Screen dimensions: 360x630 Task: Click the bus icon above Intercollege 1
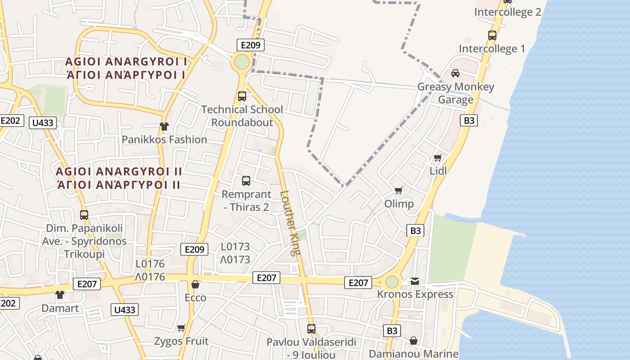(x=492, y=35)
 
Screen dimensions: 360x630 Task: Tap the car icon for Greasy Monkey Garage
(x=455, y=73)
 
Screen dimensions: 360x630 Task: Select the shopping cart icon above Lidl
(x=437, y=157)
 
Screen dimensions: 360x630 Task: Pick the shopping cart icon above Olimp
(x=398, y=190)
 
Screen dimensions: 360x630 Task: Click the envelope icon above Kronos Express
(x=414, y=281)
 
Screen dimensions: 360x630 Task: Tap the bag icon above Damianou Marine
(x=413, y=341)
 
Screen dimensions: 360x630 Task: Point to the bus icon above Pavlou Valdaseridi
(x=311, y=328)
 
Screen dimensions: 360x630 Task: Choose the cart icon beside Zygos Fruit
(x=181, y=328)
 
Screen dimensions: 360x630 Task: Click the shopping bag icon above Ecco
(x=195, y=284)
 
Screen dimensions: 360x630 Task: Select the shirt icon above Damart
(x=59, y=295)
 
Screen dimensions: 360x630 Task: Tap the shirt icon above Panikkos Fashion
(x=164, y=126)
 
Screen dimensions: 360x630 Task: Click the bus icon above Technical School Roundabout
(x=242, y=96)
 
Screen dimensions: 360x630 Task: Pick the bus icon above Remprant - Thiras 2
(x=246, y=181)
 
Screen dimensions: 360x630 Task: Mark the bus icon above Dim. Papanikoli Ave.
(x=84, y=215)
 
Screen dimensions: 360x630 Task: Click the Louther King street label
(x=290, y=223)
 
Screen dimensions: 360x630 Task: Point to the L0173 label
(x=235, y=247)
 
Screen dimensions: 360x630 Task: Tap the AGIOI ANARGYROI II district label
(x=119, y=171)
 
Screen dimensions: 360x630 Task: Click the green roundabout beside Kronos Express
(x=392, y=282)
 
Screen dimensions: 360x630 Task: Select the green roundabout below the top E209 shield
(x=242, y=62)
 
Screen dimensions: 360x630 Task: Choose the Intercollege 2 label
(x=508, y=12)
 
